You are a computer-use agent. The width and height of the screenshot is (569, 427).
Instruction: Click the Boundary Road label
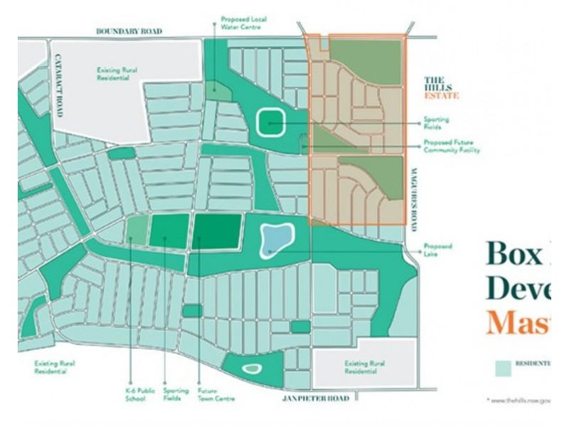tap(129, 31)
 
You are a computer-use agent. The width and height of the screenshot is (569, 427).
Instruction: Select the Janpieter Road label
tap(317, 399)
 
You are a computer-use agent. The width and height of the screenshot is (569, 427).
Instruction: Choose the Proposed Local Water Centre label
tap(241, 23)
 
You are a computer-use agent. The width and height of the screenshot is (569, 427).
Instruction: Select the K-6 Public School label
tap(130, 394)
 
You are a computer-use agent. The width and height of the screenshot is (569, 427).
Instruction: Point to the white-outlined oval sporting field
tap(270, 122)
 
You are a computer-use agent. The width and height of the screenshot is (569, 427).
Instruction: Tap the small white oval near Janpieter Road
tap(250, 368)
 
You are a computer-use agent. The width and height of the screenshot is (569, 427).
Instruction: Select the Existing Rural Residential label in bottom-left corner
tap(55, 367)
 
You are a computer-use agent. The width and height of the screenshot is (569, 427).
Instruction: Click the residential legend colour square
tap(504, 367)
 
